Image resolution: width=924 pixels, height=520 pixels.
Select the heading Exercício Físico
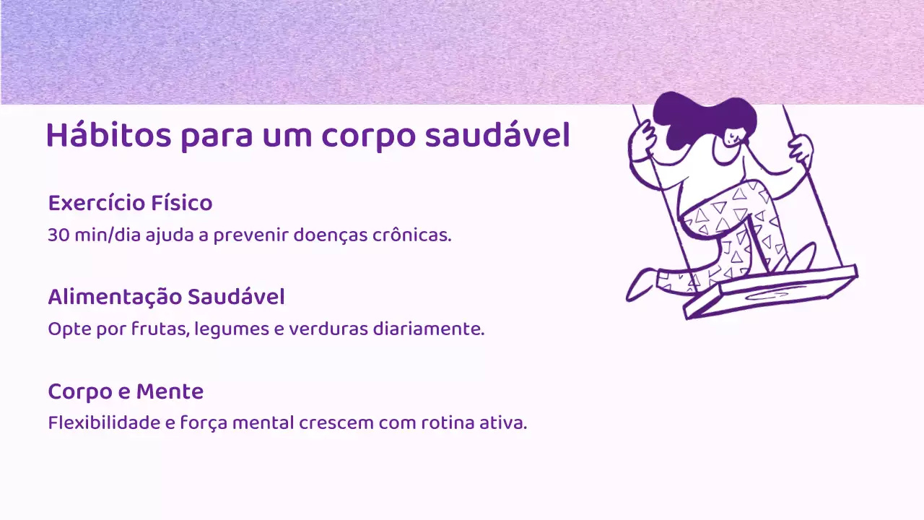tap(130, 204)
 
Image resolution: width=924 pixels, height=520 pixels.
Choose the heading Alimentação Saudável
tap(166, 297)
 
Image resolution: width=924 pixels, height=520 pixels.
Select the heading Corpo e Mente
tap(126, 391)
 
